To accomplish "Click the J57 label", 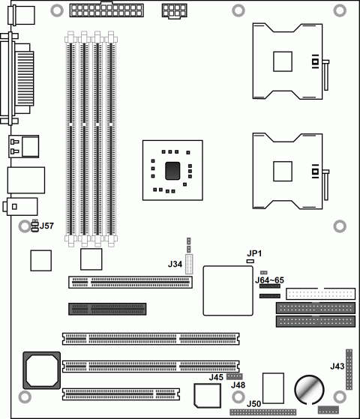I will (47, 226).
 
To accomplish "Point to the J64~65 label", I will (269, 280).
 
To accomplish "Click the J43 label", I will (337, 366).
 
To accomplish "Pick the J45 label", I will (216, 377).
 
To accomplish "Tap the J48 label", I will (238, 385).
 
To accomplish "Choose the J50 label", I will (254, 404).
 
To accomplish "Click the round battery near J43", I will (308, 389).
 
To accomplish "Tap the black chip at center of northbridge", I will (172, 169).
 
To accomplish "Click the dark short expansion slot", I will (107, 308).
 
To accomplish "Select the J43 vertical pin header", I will (349, 369).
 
